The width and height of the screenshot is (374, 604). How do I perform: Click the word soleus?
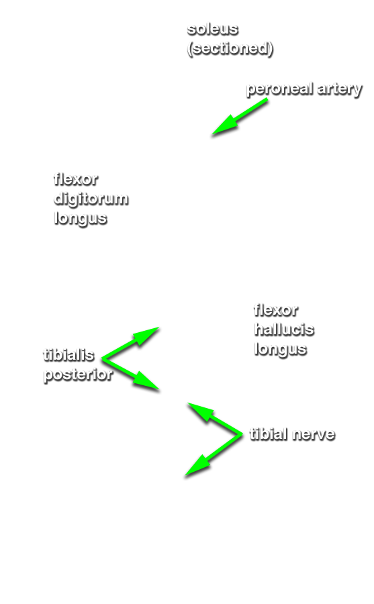[x=212, y=30]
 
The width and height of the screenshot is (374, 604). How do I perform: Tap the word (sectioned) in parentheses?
[x=230, y=48]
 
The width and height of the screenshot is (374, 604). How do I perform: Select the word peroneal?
[x=280, y=89]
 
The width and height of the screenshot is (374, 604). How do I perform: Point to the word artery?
[x=340, y=90]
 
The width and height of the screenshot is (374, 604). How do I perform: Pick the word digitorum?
[x=91, y=199]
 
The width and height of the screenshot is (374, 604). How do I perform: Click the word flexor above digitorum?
[x=76, y=179]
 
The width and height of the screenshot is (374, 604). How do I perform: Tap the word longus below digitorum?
[x=81, y=219]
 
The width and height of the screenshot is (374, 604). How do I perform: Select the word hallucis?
[x=284, y=330]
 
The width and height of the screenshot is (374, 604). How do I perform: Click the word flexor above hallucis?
[x=276, y=310]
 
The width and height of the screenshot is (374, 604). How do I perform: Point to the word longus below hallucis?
[x=281, y=350]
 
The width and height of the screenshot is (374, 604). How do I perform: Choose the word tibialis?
[x=68, y=355]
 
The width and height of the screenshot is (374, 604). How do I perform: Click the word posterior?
[x=79, y=375]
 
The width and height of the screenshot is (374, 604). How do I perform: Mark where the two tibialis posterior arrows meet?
[x=103, y=358]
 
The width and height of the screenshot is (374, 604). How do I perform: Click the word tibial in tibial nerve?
[x=269, y=434]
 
